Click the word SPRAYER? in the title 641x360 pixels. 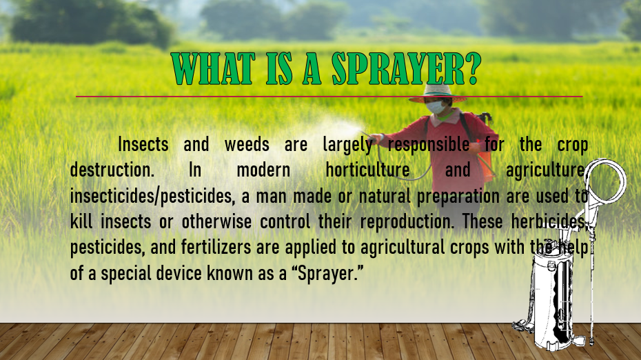(407, 69)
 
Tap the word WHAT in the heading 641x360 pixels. (213, 69)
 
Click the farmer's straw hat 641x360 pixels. (438, 93)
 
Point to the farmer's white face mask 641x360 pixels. (436, 108)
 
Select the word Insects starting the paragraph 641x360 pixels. (143, 144)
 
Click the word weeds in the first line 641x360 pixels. (247, 144)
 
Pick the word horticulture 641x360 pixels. (367, 170)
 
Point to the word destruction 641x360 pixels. (112, 170)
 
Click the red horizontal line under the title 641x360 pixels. (329, 97)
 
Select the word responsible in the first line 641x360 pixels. (429, 144)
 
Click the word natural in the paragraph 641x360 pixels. (385, 197)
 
